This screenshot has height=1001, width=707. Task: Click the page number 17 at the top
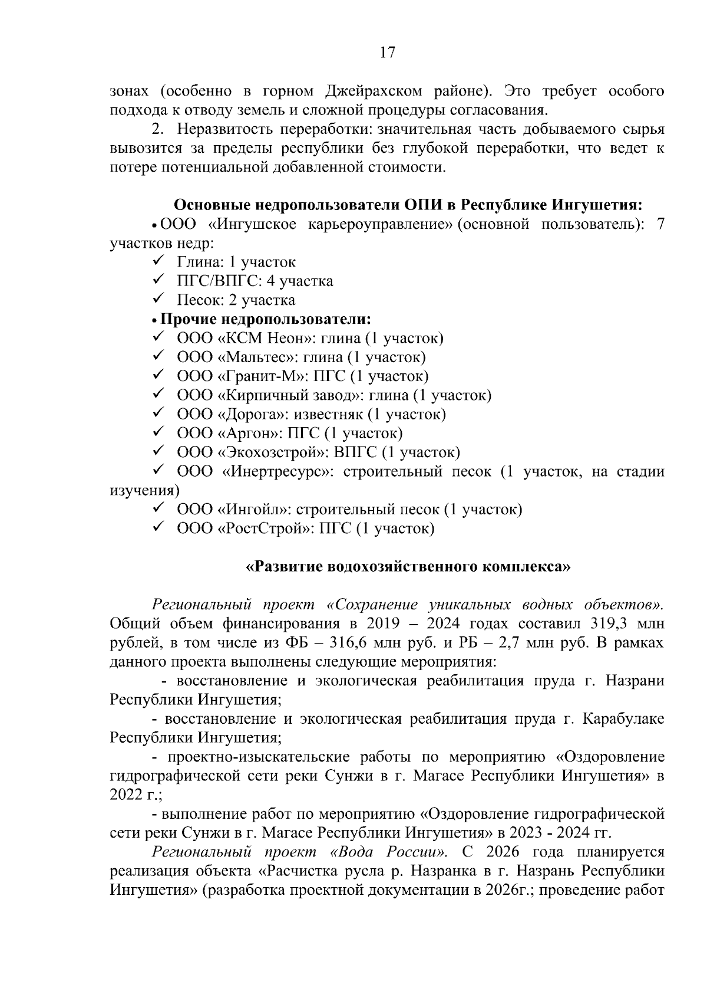click(386, 52)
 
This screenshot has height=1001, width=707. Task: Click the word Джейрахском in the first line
click(373, 91)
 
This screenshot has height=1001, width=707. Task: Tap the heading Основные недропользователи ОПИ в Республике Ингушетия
click(408, 205)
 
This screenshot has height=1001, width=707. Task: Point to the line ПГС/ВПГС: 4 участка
click(255, 281)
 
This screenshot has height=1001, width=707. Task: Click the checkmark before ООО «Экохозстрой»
click(158, 452)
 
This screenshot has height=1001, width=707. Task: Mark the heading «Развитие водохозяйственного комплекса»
click(408, 567)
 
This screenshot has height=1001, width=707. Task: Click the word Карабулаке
click(623, 719)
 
